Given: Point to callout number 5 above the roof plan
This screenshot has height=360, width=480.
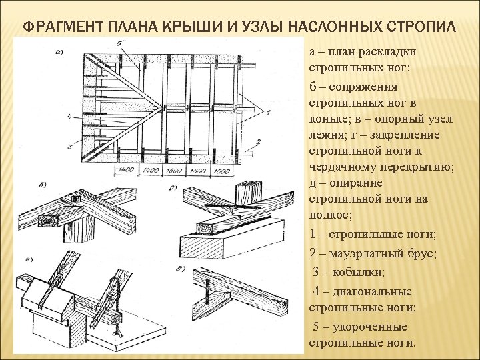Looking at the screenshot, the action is (118, 45).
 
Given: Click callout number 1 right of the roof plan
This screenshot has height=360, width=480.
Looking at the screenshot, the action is (268, 113).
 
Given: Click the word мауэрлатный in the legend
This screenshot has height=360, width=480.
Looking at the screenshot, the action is (373, 253).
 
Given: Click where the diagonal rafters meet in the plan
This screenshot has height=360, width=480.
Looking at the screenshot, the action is (158, 105).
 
